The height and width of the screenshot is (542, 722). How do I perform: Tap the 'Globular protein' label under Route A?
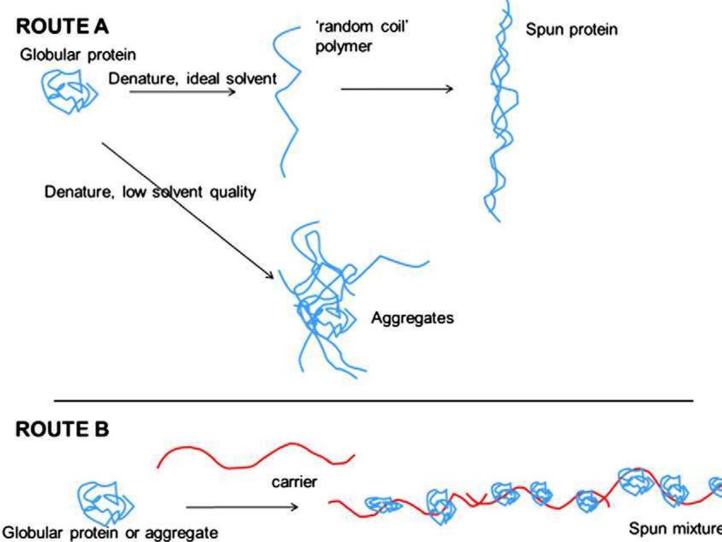(x=79, y=55)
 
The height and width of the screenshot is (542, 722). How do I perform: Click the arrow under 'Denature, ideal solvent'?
(x=182, y=91)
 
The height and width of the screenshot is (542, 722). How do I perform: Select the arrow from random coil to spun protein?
(x=397, y=88)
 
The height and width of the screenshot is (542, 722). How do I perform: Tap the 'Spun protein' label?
(x=571, y=30)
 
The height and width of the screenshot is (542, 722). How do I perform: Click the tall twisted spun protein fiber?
(x=499, y=114)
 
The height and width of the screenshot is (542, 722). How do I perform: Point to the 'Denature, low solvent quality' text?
(x=150, y=193)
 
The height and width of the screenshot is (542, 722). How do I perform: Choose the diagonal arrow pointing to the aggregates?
(x=188, y=211)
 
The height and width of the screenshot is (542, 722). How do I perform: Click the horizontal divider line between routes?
(x=373, y=401)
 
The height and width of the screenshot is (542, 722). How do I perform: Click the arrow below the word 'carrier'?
(x=242, y=507)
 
